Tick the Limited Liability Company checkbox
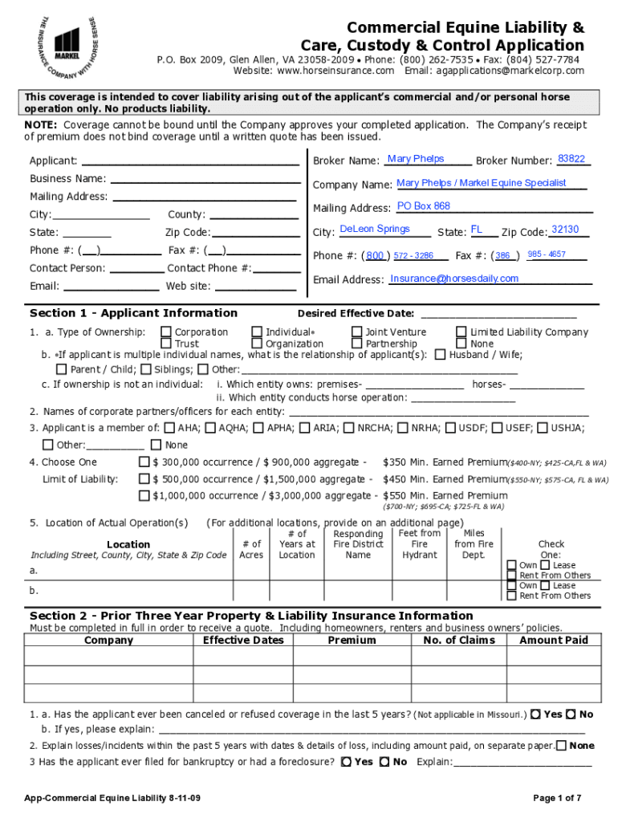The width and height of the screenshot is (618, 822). click(x=461, y=332)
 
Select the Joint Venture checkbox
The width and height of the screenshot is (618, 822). click(x=356, y=332)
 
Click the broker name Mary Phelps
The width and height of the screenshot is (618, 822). click(x=415, y=159)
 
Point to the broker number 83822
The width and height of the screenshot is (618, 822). click(x=571, y=159)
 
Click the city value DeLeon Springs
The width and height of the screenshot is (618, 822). click(x=375, y=230)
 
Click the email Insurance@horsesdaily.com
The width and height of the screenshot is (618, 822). click(x=454, y=279)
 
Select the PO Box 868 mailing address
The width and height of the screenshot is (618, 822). click(x=424, y=206)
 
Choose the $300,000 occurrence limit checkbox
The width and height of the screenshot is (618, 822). click(x=144, y=462)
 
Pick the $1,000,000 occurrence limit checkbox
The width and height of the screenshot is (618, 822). click(x=144, y=496)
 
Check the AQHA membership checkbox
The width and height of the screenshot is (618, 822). click(x=210, y=428)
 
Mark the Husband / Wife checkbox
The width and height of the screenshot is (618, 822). click(x=440, y=354)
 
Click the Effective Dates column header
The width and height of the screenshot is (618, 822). click(x=243, y=640)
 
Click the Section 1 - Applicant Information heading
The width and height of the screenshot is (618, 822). click(x=133, y=313)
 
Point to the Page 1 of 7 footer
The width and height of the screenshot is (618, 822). click(x=557, y=797)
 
